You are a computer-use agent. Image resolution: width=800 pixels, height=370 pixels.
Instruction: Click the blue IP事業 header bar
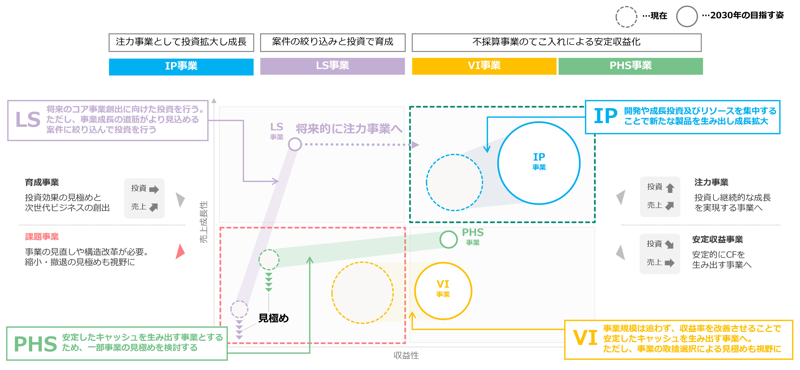click(181, 66)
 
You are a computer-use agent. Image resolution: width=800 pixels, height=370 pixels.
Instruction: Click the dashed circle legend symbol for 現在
click(626, 17)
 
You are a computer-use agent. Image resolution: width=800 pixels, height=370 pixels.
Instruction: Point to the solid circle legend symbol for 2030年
click(687, 17)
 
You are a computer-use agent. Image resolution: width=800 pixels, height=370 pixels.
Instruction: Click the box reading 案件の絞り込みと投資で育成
click(332, 42)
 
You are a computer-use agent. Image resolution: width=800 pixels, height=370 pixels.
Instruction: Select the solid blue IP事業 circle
click(539, 163)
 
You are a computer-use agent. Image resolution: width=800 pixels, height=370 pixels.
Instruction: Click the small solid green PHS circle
click(448, 239)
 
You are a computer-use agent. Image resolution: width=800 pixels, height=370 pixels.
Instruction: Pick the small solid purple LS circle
click(295, 144)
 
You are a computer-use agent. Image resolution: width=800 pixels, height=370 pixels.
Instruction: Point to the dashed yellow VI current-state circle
click(362, 293)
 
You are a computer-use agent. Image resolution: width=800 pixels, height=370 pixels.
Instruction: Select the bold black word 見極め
click(273, 318)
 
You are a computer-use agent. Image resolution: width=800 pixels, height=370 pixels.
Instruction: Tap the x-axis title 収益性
click(406, 355)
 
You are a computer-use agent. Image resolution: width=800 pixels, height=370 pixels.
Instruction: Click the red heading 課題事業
click(42, 237)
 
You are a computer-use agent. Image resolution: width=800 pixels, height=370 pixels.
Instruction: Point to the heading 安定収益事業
click(717, 239)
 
